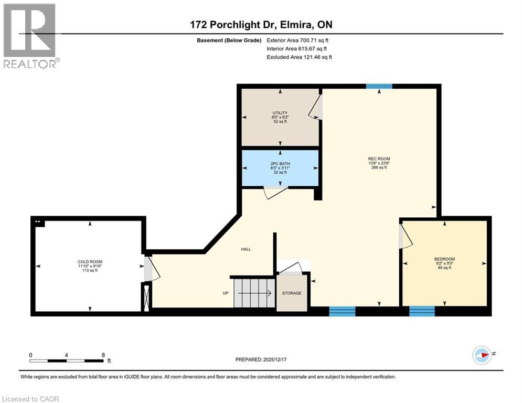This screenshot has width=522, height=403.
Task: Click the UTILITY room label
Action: (280, 113)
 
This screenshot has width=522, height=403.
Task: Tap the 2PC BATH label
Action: (280, 163)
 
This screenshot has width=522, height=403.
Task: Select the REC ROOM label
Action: (379, 158)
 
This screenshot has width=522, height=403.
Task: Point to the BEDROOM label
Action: (444, 259)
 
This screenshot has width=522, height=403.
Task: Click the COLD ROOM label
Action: (90, 261)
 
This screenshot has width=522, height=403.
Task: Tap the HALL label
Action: (246, 249)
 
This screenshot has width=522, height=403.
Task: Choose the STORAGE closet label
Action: (292, 293)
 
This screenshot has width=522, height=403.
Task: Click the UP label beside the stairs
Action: (225, 293)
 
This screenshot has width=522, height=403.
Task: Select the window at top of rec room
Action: (379, 87)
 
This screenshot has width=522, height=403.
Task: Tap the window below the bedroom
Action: (422, 312)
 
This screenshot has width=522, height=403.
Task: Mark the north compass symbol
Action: (482, 355)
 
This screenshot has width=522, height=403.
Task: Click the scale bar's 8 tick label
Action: (103, 355)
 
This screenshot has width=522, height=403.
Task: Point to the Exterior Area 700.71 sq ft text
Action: (298, 40)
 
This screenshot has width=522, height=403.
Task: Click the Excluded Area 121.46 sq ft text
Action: (299, 57)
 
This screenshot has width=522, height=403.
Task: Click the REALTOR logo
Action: (30, 36)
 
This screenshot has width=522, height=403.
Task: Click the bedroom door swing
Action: (406, 236)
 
